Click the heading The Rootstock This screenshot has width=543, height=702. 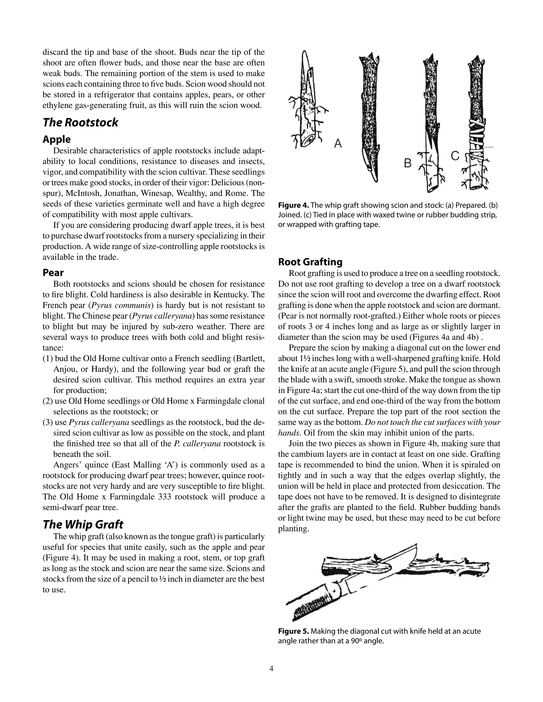(x=80, y=122)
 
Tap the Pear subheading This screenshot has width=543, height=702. (x=53, y=273)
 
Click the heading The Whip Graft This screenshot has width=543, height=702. (x=83, y=525)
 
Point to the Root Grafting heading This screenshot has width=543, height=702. (x=310, y=262)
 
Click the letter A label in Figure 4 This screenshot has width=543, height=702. (x=338, y=143)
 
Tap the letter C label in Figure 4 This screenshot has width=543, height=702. (x=455, y=155)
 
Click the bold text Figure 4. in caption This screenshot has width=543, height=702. (x=294, y=205)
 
